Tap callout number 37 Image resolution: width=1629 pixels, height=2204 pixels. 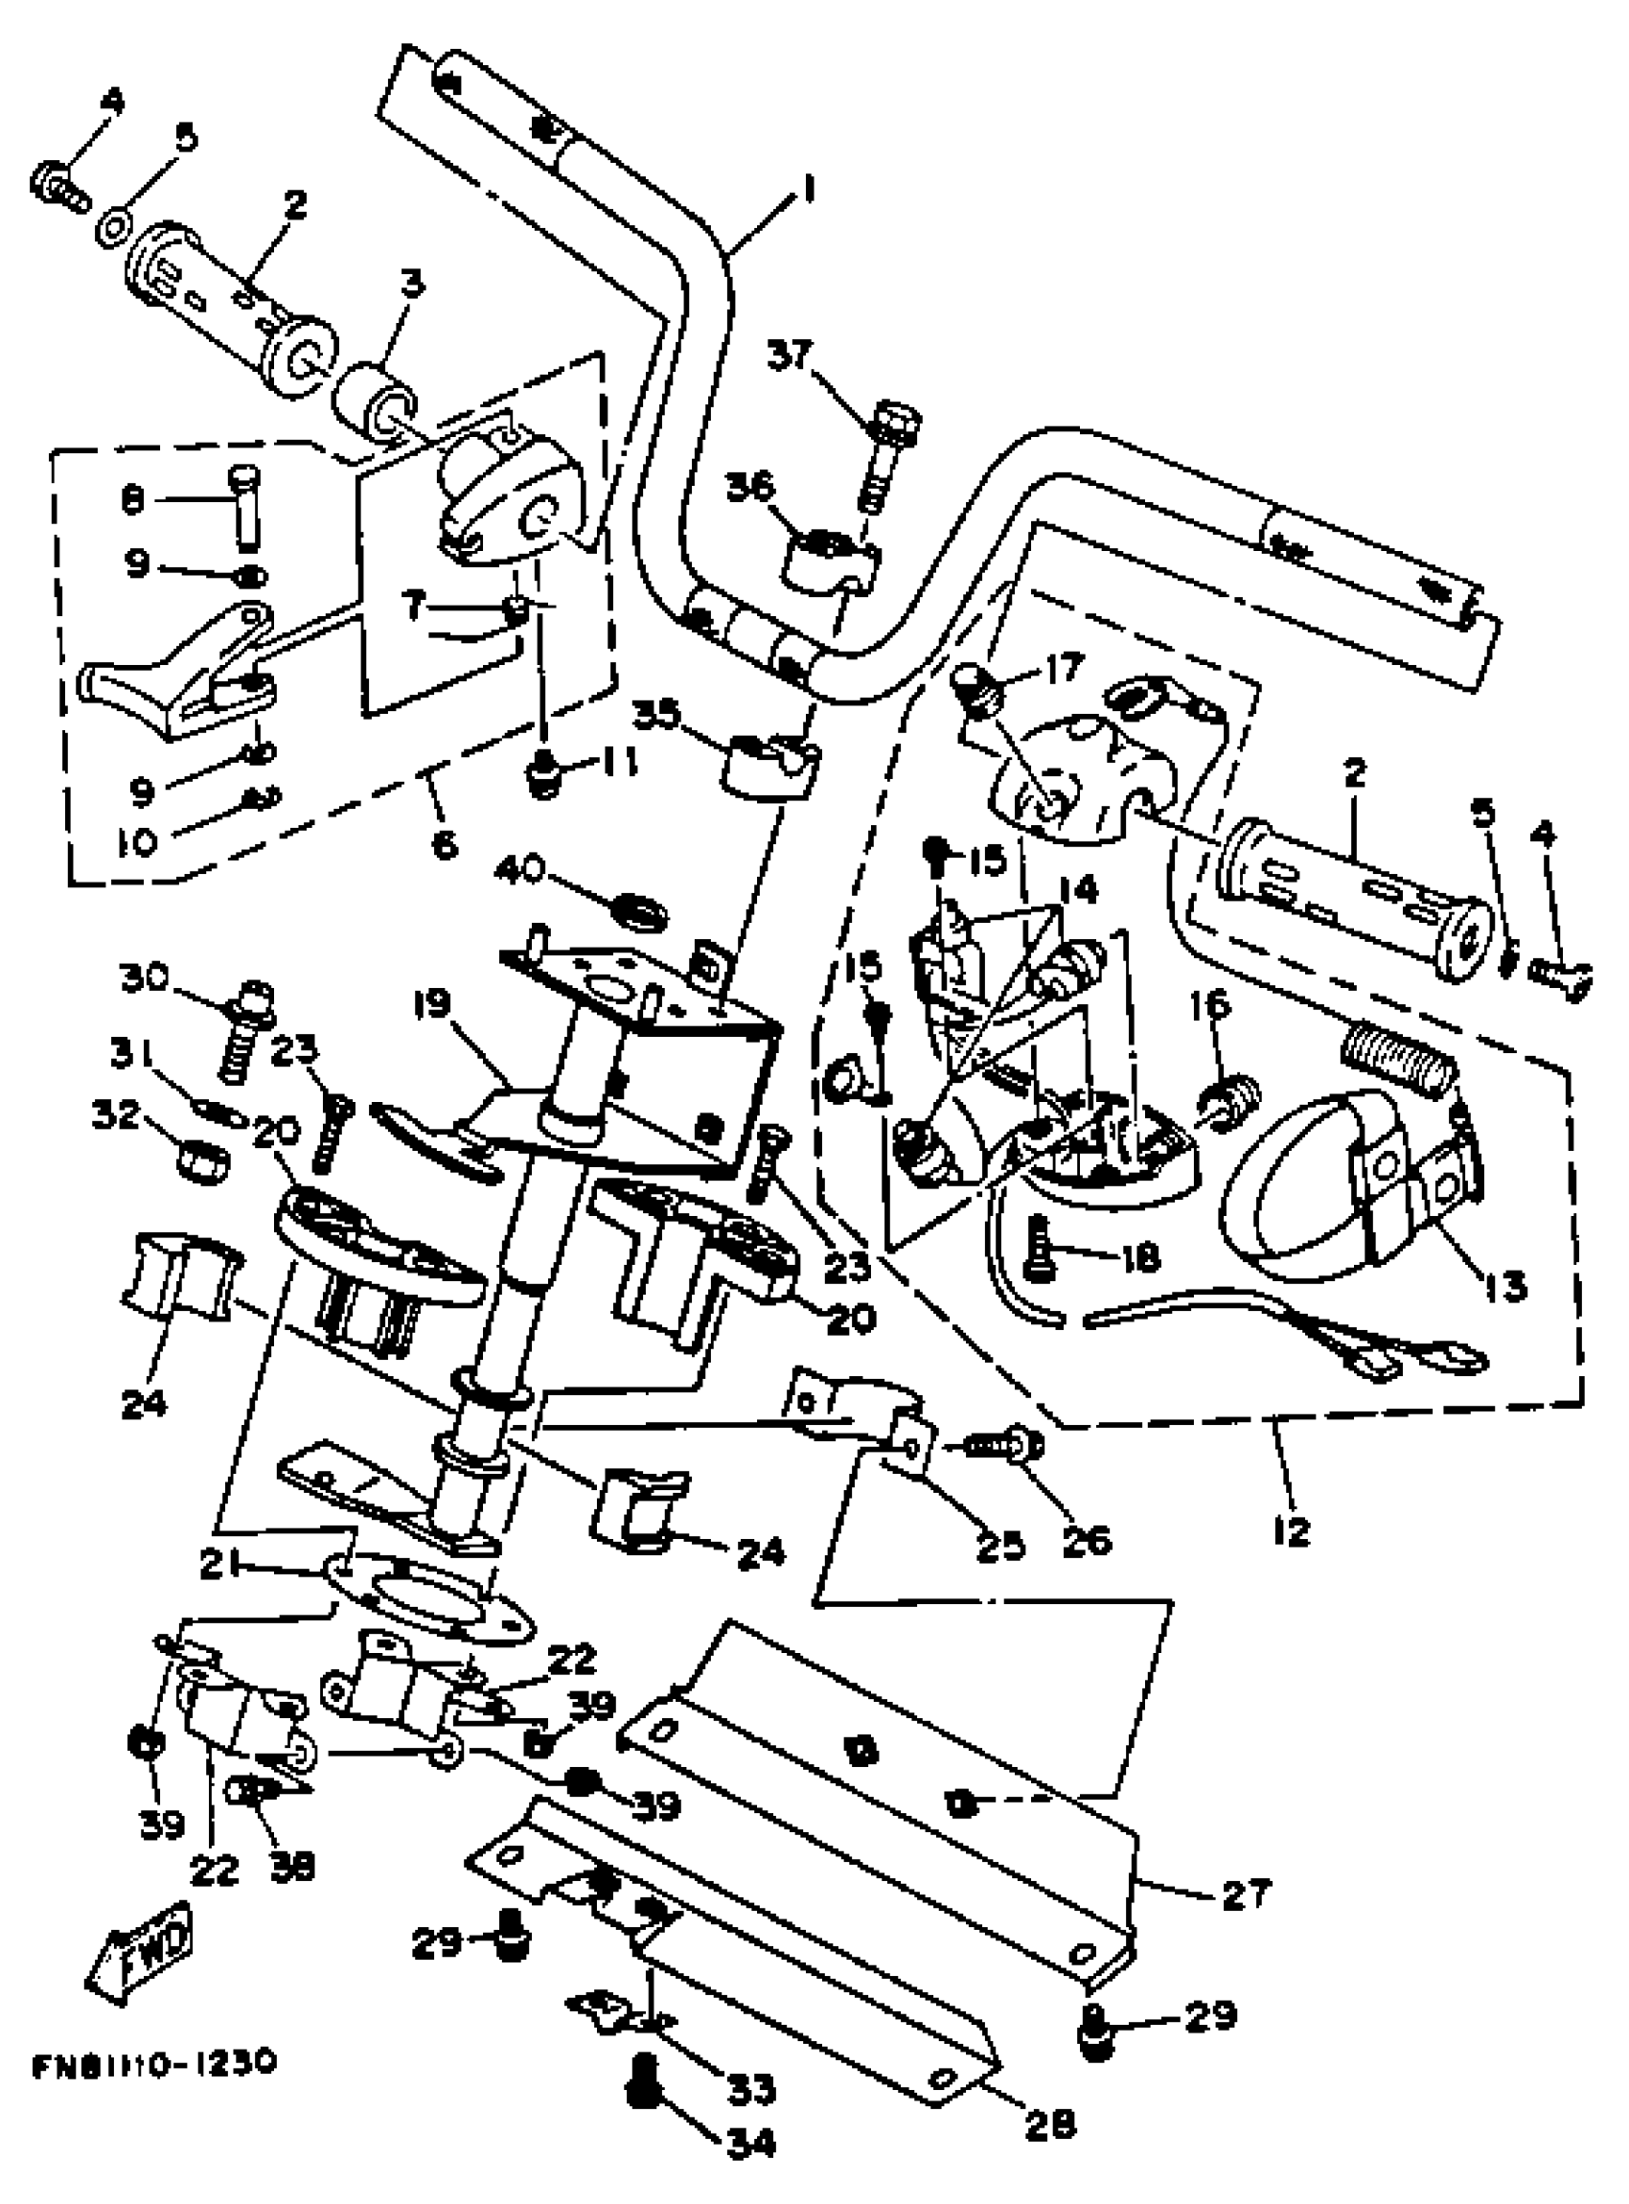tap(790, 355)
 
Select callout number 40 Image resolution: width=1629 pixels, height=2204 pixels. tap(520, 870)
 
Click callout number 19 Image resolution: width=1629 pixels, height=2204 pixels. tap(431, 1006)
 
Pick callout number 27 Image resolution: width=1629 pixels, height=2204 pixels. tap(1246, 1894)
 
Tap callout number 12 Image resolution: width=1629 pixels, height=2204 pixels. tap(1292, 1531)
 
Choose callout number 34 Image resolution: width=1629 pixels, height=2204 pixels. tap(751, 2141)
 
